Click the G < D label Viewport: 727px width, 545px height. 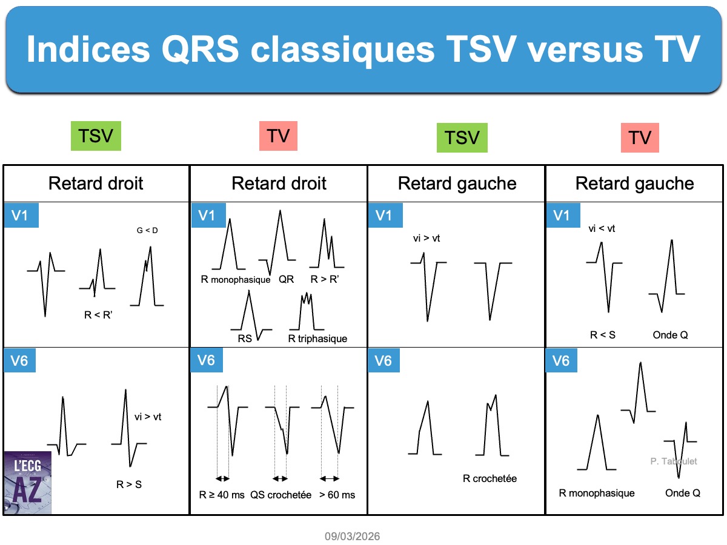click(147, 230)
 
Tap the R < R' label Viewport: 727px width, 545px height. click(98, 314)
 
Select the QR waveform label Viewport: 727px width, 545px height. click(286, 279)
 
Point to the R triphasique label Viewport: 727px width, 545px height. click(317, 339)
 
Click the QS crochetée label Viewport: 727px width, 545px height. click(281, 495)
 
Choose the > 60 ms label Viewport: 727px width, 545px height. click(337, 495)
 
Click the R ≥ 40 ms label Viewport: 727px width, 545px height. click(222, 495)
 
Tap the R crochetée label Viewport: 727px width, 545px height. click(490, 478)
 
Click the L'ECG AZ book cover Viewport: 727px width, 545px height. click(27, 483)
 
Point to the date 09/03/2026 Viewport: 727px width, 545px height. click(352, 536)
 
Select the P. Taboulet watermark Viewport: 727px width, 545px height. click(673, 461)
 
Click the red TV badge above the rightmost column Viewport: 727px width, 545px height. click(640, 137)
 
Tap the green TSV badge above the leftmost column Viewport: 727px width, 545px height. click(96, 136)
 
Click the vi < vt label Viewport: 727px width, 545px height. click(602, 228)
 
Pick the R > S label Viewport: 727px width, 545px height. click(129, 484)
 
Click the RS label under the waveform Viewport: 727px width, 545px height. click(245, 339)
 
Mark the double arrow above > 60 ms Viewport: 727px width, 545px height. click(329, 478)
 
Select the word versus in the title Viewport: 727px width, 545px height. click(585, 49)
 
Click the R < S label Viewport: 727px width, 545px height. click(602, 335)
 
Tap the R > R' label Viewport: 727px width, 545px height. click(325, 279)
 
